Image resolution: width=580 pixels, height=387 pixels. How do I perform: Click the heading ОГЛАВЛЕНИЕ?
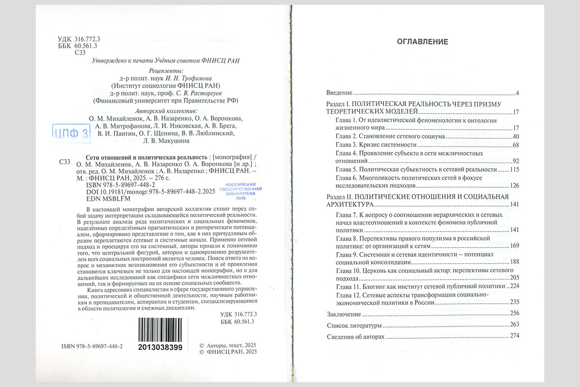coord(422,42)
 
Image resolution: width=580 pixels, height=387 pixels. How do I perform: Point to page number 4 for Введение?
coord(517,92)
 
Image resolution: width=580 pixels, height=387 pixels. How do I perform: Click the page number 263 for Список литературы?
coord(514,325)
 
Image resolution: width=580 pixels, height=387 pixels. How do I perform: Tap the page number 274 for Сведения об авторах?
coord(514,336)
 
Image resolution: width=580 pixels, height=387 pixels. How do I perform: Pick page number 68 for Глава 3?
coord(515,145)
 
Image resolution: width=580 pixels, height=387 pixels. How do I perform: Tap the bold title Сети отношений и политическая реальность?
coord(145,158)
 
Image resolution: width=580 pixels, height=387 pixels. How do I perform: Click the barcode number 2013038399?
coord(159,347)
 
